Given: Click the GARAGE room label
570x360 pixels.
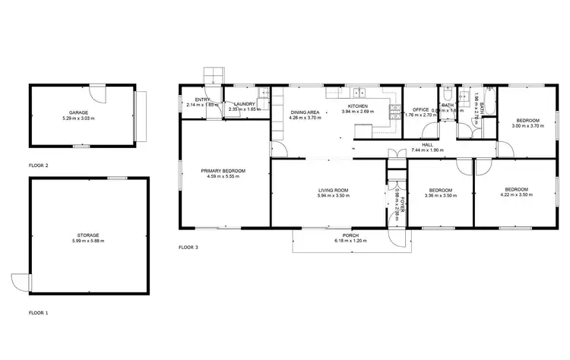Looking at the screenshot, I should click(x=79, y=112).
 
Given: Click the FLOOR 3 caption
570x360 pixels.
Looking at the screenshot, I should click(x=188, y=247).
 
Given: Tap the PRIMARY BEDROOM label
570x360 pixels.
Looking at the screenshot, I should click(x=223, y=171).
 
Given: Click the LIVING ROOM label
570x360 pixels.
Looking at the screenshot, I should click(x=332, y=190).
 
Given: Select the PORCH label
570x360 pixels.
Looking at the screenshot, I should click(x=350, y=235).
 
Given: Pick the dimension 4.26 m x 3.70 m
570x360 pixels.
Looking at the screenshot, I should click(x=305, y=118).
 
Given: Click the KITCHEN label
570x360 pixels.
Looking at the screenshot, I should click(x=357, y=106).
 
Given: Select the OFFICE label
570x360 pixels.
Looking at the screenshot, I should click(x=421, y=109).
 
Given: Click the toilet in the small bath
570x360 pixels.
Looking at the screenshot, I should click(x=449, y=96).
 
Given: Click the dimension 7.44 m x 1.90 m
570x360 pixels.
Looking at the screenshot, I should click(x=427, y=150).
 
